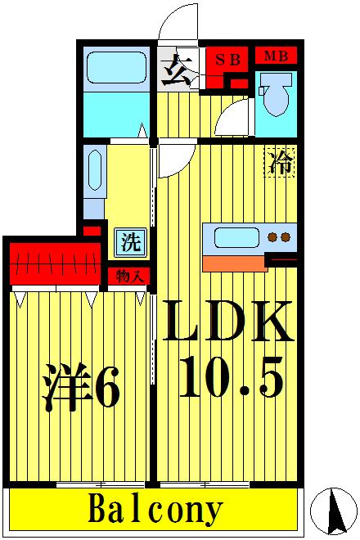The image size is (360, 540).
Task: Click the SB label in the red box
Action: (x=227, y=59)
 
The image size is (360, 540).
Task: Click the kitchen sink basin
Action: (x=237, y=237)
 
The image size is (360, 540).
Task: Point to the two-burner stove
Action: (x=279, y=237)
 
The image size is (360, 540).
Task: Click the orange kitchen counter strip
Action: (x=234, y=263)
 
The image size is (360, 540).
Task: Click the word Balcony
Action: (x=155, y=510)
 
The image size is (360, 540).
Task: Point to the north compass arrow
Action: (x=334, y=510)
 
